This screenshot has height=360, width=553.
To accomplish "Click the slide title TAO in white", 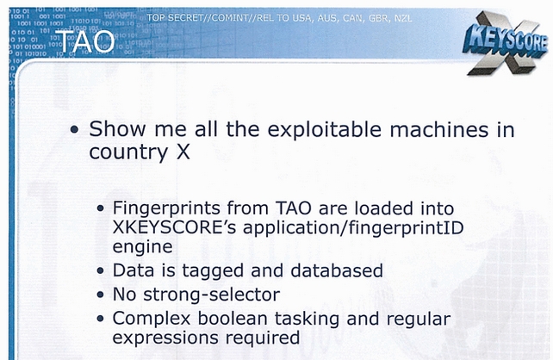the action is point(85,41).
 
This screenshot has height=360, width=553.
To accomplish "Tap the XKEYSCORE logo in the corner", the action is point(505,43).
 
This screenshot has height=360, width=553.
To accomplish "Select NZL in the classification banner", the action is point(402,18).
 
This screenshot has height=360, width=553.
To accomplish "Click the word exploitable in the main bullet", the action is point(324,130).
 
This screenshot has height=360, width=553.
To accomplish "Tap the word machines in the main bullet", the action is point(439,129).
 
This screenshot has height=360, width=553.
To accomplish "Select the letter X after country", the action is point(183,152).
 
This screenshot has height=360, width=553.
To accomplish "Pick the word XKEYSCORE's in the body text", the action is point(174,227).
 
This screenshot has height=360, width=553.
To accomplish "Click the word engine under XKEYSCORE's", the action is point(142,247).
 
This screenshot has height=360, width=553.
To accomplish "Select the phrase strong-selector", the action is point(211,295).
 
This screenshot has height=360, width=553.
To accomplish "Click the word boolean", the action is point(233,319).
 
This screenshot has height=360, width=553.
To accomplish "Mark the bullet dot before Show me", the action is point(74,130).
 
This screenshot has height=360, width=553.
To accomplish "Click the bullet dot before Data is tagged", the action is point(101,270).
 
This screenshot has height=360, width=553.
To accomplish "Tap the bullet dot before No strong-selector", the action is point(101,295).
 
